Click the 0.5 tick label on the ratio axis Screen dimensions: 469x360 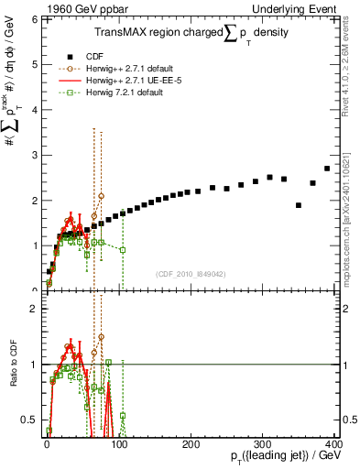(28, 420)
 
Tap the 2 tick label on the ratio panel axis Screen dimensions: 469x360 (33, 309)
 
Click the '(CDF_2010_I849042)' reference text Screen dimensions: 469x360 (191, 273)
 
